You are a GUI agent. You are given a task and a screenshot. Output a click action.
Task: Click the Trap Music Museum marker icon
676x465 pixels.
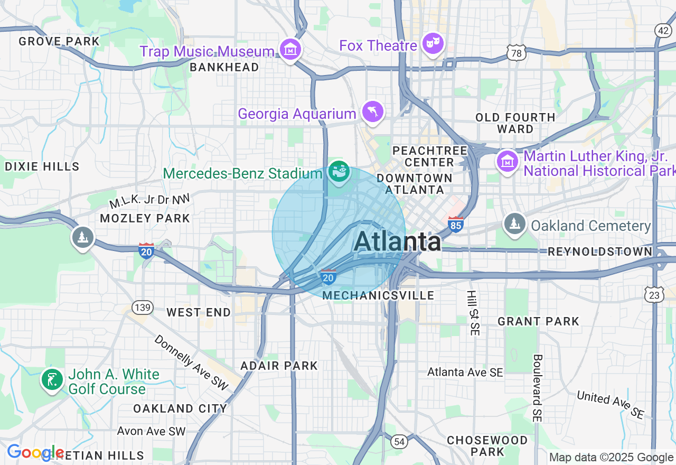click(290, 50)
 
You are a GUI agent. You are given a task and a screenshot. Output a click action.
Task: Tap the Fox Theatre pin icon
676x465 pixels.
click(434, 44)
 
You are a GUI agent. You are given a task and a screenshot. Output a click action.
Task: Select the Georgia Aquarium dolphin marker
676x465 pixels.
click(373, 112)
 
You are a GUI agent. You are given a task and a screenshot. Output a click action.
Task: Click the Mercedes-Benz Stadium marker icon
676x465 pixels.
click(339, 172)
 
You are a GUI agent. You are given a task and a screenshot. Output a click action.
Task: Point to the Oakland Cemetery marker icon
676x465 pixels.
click(514, 224)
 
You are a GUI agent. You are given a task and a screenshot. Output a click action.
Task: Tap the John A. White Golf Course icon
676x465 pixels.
click(52, 380)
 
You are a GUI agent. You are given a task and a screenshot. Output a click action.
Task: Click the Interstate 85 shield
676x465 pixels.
click(455, 225)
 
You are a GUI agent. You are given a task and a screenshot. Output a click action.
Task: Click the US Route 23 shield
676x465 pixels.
click(654, 295)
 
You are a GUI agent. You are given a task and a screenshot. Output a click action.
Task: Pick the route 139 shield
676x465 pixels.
click(143, 307)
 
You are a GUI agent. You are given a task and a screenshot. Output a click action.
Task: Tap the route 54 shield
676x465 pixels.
click(399, 441)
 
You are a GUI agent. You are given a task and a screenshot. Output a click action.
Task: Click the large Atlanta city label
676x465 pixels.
click(397, 242)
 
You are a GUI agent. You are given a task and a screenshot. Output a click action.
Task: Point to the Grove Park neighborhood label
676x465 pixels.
click(59, 41)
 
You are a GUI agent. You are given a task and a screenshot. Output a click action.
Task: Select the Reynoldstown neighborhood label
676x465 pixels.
click(600, 252)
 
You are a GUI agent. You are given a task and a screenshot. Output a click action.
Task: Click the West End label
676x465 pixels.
click(199, 312)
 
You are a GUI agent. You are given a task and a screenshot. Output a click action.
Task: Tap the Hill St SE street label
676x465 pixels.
click(474, 313)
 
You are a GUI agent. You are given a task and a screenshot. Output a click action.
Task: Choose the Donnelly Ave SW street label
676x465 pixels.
click(191, 362)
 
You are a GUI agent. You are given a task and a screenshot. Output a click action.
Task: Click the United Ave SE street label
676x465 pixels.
click(611, 405)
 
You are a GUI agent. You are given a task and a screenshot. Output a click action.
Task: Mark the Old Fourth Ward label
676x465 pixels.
click(515, 123)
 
